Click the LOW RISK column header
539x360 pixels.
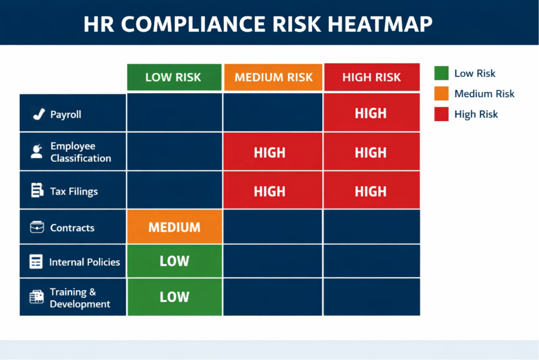[x=174, y=77]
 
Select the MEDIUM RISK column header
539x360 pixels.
[x=273, y=77]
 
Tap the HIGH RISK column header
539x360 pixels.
[x=371, y=77]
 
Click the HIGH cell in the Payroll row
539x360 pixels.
[x=371, y=113]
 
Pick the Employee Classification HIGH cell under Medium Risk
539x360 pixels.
[x=270, y=152]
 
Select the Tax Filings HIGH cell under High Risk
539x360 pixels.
[x=371, y=191]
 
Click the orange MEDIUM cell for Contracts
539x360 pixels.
[x=174, y=227]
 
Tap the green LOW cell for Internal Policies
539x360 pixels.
[x=174, y=261]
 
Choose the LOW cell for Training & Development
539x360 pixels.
[x=174, y=297]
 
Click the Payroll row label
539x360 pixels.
[x=66, y=114]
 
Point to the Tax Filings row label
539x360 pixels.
[x=74, y=192]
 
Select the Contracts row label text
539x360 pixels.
[x=72, y=227]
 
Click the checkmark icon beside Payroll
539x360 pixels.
[x=38, y=114]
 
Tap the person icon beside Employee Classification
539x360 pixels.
[x=36, y=151]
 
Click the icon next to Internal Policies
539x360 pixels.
[x=36, y=261]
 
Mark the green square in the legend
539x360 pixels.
[x=441, y=73]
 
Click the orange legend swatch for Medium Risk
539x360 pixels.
[x=441, y=94]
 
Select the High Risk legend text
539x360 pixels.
[x=476, y=114]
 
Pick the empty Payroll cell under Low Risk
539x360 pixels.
[x=174, y=113]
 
